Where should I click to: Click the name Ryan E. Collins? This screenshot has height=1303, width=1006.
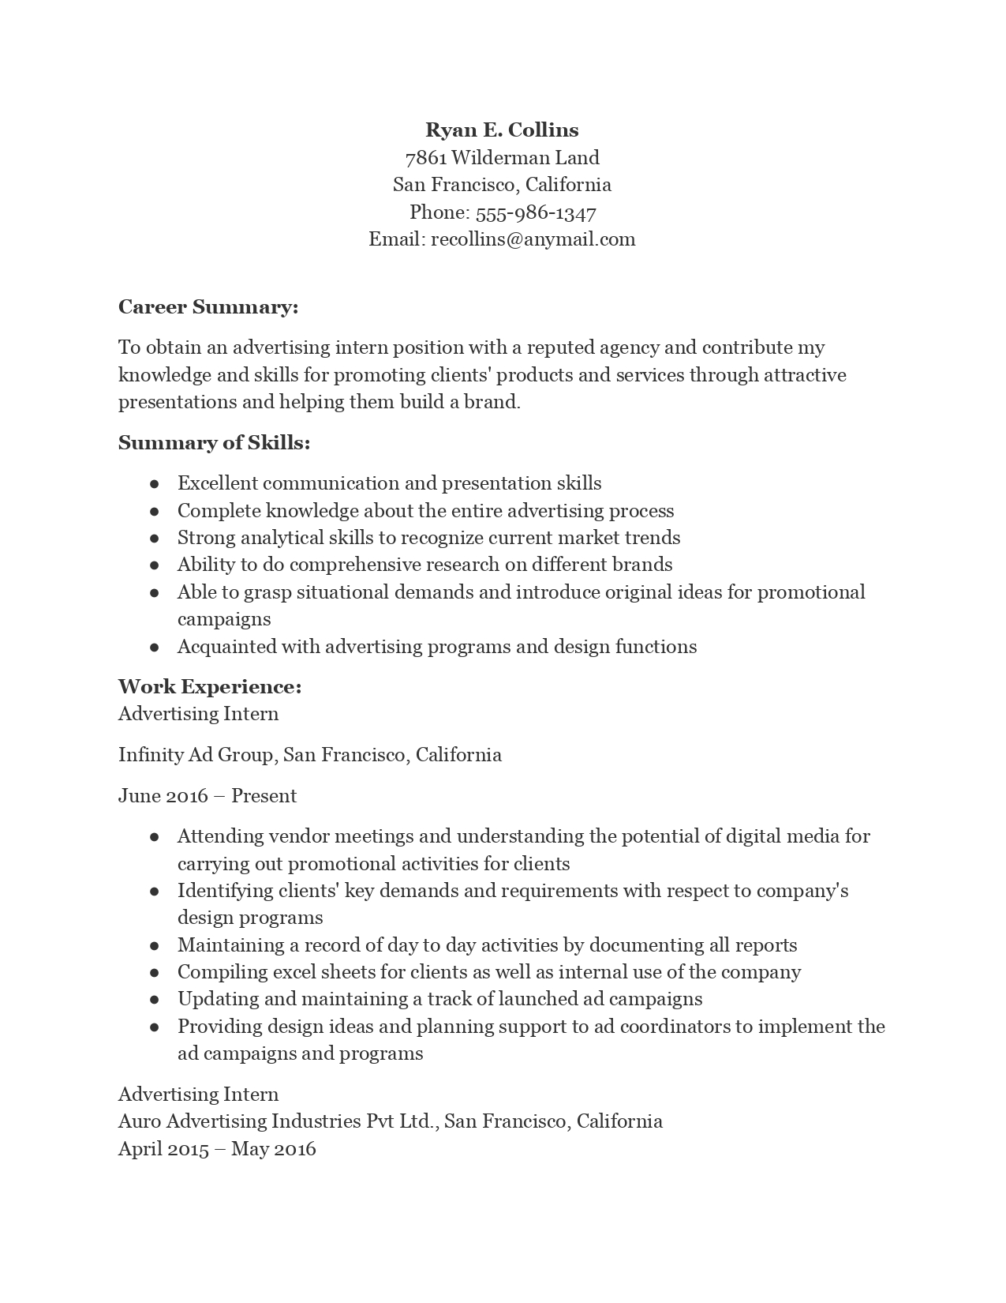click(502, 130)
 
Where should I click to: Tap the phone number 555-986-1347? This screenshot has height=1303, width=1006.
click(536, 212)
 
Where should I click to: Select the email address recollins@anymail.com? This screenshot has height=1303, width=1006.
click(533, 239)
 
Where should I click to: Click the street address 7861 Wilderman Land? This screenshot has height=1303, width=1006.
click(502, 158)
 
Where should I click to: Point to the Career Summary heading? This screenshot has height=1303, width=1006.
click(208, 307)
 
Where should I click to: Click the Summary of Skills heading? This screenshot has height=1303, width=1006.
click(214, 443)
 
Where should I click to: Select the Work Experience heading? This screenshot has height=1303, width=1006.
click(210, 687)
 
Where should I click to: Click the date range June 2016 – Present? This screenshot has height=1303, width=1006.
click(208, 796)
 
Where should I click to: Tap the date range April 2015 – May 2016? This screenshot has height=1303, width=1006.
click(217, 1149)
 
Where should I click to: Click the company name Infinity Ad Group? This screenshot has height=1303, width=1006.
click(196, 755)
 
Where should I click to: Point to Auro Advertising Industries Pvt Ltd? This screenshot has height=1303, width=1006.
click(279, 1121)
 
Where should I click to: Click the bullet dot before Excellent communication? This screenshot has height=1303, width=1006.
click(155, 484)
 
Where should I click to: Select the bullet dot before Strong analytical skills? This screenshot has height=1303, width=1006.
click(155, 539)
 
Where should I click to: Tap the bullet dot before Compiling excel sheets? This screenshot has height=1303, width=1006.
click(155, 973)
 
